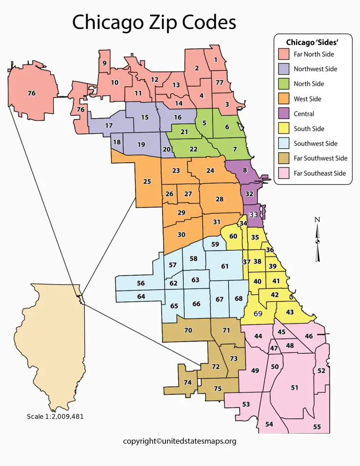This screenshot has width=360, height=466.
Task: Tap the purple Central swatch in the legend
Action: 283,114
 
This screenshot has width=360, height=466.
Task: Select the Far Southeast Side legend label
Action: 320,173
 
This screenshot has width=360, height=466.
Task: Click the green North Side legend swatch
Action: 283,84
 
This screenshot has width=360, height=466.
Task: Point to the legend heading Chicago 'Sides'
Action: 312,42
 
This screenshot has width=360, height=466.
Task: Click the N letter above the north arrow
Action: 317,220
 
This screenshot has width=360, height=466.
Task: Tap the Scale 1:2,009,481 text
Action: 55,416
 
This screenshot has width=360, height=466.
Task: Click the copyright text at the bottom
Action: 180,441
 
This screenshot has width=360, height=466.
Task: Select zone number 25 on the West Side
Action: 147,181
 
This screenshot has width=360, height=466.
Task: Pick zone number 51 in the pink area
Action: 294,388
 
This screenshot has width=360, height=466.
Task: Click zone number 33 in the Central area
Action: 254,214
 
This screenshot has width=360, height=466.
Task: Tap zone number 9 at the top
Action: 105,63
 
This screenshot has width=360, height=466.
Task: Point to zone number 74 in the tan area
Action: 187,383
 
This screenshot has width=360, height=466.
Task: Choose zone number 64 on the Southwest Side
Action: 141,297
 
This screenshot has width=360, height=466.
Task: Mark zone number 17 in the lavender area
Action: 109,126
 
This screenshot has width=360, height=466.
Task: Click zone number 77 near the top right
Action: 219,83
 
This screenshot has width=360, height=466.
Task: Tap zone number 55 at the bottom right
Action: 317,427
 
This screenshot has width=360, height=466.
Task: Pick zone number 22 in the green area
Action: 193,149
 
